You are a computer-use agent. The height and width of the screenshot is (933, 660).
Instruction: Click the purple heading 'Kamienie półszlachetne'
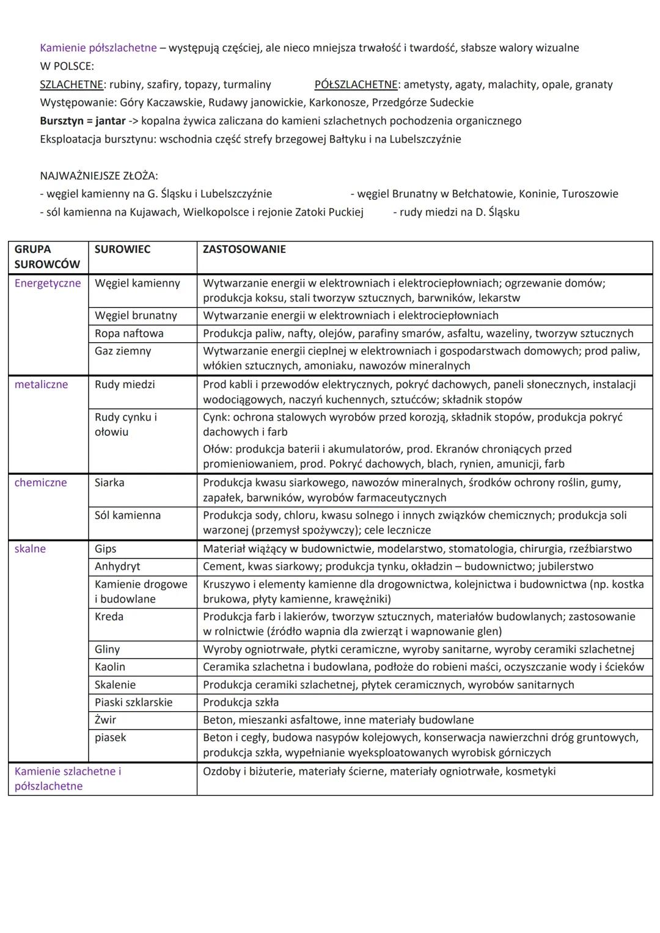tap(98, 48)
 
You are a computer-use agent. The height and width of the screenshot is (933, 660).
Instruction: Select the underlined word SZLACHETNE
tap(71, 84)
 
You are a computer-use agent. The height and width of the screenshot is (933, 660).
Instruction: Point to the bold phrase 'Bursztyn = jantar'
tap(82, 120)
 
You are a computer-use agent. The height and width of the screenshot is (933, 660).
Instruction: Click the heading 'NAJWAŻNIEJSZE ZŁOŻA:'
tap(98, 175)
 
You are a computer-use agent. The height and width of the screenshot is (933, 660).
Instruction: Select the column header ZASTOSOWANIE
tap(244, 249)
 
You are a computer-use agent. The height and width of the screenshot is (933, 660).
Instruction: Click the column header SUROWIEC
tap(122, 249)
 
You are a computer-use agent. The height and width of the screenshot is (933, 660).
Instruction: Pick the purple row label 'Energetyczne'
tap(48, 283)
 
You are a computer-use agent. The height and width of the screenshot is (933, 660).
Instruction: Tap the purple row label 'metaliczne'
tap(41, 384)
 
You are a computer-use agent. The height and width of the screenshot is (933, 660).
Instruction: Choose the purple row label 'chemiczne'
tap(40, 482)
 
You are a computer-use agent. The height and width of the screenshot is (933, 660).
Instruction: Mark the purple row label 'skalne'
tap(30, 549)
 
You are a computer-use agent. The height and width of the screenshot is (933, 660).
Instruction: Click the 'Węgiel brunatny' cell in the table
tap(136, 315)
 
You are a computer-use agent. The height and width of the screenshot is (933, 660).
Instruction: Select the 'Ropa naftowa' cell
tap(129, 333)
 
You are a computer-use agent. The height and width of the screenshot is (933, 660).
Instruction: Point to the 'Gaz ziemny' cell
tap(123, 351)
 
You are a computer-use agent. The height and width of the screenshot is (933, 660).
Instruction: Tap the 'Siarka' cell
tap(109, 482)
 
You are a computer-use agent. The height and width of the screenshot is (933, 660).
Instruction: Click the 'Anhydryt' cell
tap(117, 566)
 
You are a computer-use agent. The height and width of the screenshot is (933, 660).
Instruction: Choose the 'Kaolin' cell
tap(110, 667)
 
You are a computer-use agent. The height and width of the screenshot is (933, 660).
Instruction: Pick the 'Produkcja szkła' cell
tap(241, 702)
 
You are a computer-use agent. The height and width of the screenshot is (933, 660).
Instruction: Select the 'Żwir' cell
tap(105, 720)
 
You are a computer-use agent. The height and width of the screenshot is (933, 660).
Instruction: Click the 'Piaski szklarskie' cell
tap(133, 702)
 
